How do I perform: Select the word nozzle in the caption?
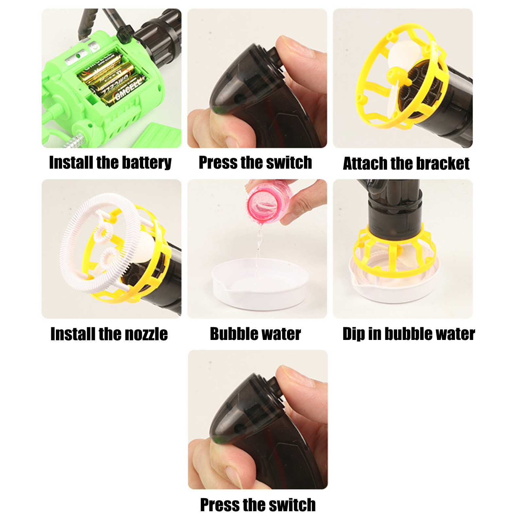pyautogui.click(x=146, y=334)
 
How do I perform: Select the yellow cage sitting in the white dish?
pyautogui.click(x=394, y=252)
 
